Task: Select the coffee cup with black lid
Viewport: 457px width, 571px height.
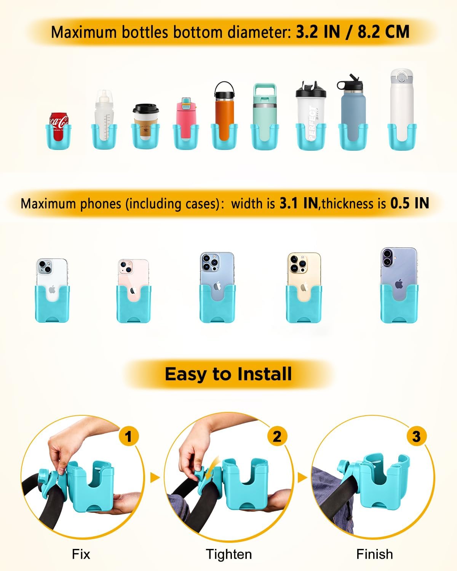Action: point(145,122)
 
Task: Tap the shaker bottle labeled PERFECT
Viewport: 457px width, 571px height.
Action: point(311,114)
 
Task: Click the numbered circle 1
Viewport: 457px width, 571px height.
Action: point(128,436)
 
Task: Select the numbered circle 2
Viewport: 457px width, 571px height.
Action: point(277,436)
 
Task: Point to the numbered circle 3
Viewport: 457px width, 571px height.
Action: point(416,436)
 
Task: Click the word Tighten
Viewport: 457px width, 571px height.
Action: point(228,554)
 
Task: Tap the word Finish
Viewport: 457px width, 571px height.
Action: point(374,554)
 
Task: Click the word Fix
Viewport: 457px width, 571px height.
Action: point(81,554)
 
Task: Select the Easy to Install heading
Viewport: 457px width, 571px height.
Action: point(228,374)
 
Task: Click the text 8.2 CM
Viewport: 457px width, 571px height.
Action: point(383,32)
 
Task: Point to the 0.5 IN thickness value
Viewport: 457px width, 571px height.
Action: point(410,203)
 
